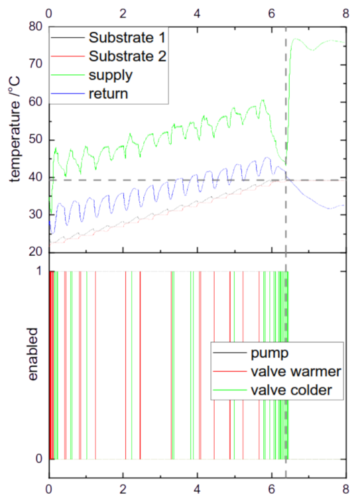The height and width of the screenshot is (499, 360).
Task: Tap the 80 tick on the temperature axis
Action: (36, 27)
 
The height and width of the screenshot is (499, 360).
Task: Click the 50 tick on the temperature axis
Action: (36, 140)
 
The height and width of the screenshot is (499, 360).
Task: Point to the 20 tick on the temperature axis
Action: (36, 252)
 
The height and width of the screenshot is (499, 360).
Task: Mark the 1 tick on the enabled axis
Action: (38, 271)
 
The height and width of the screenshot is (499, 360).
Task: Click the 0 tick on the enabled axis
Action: (38, 459)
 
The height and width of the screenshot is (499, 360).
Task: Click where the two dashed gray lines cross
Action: (286, 180)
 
